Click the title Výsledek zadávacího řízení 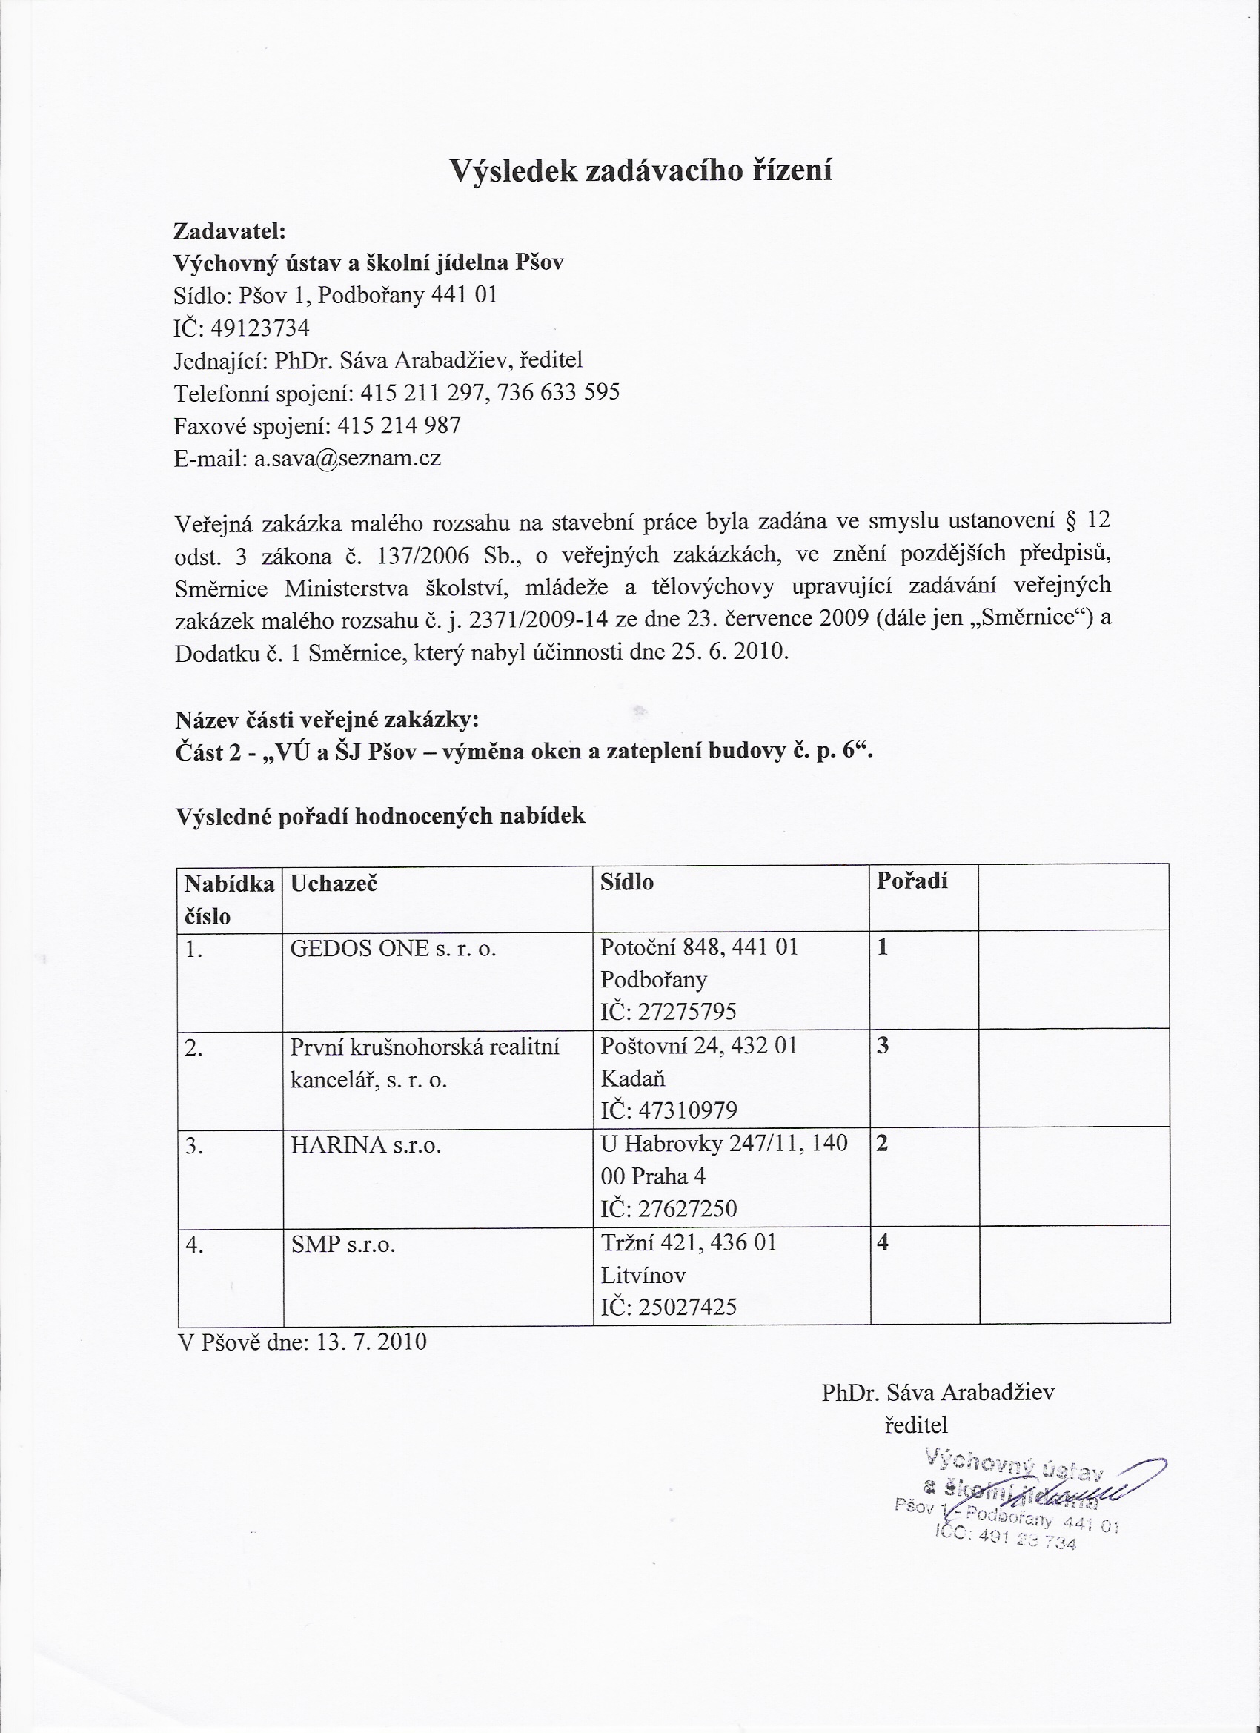(640, 170)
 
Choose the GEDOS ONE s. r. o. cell (393, 949)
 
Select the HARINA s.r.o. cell (366, 1146)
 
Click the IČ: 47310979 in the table (669, 1110)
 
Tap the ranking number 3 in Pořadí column (883, 1046)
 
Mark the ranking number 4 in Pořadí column (883, 1243)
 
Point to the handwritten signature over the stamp (1070, 1491)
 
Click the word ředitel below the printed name (915, 1425)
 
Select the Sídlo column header (626, 883)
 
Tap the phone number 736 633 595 (558, 393)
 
